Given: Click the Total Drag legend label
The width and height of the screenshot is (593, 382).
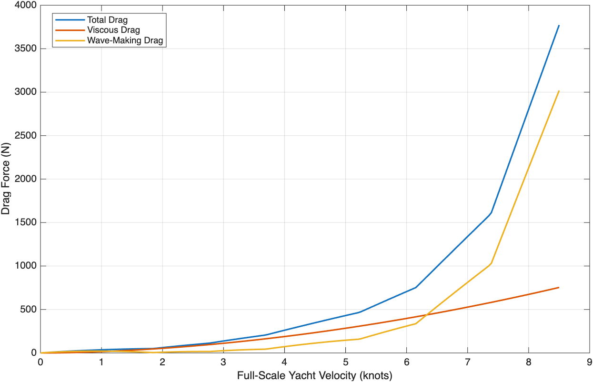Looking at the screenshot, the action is (108, 20).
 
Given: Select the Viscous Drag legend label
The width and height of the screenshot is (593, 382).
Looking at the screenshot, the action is (113, 30).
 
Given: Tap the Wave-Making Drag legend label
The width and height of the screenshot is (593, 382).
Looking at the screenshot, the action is (125, 40).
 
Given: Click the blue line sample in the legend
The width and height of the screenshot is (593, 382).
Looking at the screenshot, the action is (70, 20).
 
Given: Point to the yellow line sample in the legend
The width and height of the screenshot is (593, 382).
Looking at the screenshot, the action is (70, 40).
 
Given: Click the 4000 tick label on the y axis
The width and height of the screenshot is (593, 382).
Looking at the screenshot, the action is (25, 5).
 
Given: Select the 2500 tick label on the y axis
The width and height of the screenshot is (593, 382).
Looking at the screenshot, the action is (25, 136).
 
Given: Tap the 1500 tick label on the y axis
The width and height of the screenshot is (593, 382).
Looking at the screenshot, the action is (25, 222).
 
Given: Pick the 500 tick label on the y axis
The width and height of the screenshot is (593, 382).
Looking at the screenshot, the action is (28, 309).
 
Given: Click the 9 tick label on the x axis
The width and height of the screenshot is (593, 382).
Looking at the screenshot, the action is (589, 362).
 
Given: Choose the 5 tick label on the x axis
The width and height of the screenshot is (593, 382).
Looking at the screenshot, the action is (345, 362).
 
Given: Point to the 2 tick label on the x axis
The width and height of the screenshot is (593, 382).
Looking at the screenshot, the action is (162, 362).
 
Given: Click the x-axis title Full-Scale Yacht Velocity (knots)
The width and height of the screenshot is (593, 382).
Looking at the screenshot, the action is (314, 376).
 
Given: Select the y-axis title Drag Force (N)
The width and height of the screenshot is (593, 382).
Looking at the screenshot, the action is (5, 179).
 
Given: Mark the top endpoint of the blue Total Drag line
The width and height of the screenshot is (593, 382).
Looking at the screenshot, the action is (559, 25).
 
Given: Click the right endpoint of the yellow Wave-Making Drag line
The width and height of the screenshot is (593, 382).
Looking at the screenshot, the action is (559, 91).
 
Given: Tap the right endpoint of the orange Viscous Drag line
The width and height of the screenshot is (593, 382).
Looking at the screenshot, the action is (559, 288).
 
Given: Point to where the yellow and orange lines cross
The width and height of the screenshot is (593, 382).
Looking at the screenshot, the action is (426, 315).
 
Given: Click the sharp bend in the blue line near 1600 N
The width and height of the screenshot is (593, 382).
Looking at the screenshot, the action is (491, 213).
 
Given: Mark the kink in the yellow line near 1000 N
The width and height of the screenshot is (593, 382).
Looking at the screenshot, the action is (491, 263).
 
